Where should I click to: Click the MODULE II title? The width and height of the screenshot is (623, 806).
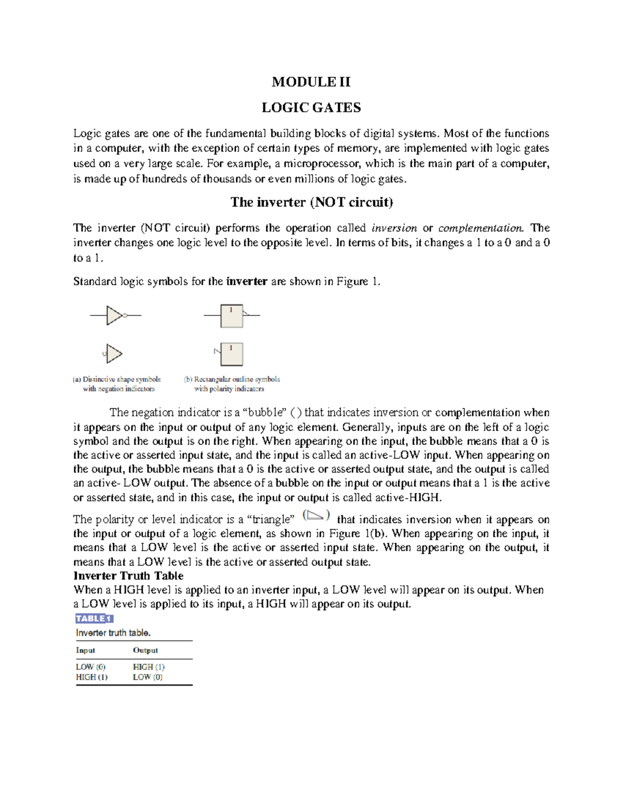coord(311,82)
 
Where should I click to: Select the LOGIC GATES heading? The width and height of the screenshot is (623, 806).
coord(311,107)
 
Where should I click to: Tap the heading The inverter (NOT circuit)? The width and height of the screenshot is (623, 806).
coord(311,202)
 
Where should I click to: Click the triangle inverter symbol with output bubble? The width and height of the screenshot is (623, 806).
coord(115,315)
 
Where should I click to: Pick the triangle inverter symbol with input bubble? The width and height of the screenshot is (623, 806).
coord(113,354)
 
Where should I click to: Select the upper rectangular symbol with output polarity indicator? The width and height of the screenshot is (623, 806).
coord(232,316)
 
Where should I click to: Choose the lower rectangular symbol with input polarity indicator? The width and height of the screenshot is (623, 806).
coord(231,354)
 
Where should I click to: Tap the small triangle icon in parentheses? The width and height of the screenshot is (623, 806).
coord(316,515)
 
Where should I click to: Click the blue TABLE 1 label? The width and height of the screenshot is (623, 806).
coord(94,618)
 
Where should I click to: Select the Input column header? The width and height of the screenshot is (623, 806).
coord(86,650)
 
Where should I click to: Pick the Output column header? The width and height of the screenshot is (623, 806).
coord(145,650)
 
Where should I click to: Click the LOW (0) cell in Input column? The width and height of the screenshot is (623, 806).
coord(91,667)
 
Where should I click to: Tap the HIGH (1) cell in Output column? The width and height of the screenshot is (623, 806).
coord(148,667)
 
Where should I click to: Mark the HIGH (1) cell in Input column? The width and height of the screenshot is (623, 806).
coord(92,677)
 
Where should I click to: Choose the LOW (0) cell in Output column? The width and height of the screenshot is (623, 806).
coord(147,677)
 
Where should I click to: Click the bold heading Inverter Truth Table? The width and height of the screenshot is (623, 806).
coord(128,576)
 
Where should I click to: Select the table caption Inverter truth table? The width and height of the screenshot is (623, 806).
coord(113,633)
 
